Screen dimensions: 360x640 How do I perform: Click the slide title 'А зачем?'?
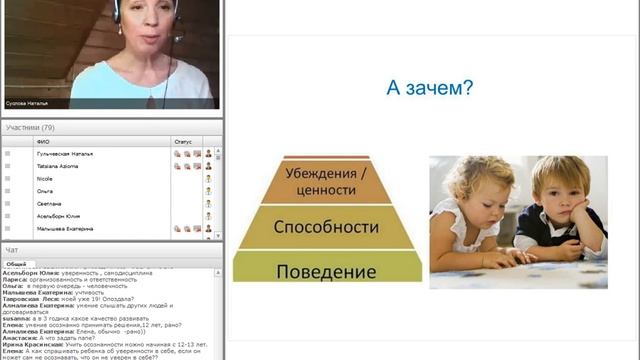[429, 88]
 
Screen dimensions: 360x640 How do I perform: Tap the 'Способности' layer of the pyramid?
[327, 227]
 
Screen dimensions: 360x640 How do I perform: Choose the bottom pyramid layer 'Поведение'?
[327, 271]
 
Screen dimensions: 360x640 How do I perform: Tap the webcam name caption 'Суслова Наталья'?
[27, 103]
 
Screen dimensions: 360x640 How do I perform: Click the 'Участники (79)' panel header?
[30, 127]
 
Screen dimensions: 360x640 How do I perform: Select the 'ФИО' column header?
[42, 142]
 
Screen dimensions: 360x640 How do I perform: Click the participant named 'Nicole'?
[44, 178]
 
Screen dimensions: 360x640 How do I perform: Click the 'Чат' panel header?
[12, 250]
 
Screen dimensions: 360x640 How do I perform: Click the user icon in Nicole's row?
[209, 178]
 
